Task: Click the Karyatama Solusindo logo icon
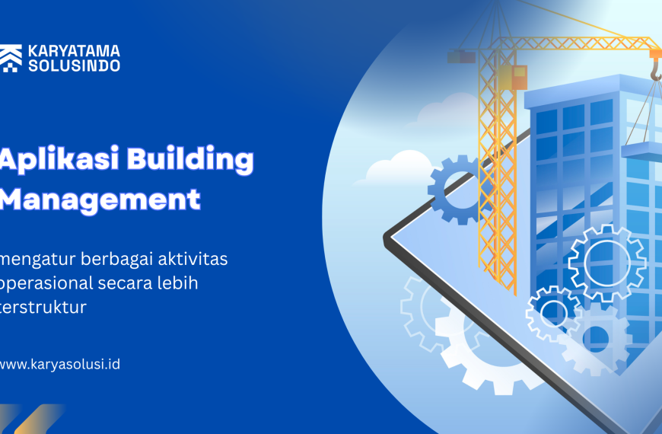(x=11, y=59)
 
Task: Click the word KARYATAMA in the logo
(x=74, y=52)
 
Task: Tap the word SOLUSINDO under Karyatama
(x=74, y=66)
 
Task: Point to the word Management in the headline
(x=101, y=199)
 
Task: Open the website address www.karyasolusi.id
(x=59, y=364)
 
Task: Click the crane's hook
(x=654, y=71)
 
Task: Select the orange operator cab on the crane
(x=519, y=77)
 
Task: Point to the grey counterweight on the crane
(x=461, y=56)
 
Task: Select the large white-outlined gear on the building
(x=606, y=263)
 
